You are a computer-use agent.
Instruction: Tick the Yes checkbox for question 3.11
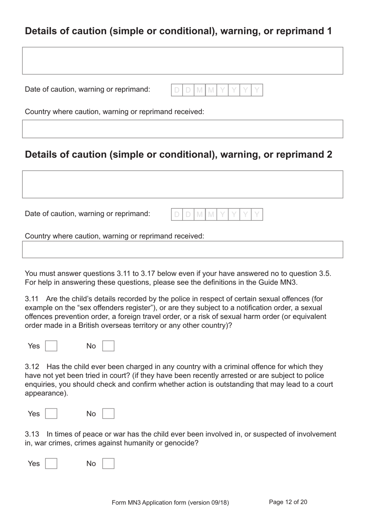(x=51, y=346)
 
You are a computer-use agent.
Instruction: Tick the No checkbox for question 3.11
(x=108, y=346)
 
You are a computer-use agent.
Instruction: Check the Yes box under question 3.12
(x=51, y=414)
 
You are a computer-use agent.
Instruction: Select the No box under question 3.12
(x=108, y=414)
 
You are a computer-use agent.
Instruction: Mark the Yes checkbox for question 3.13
(x=51, y=463)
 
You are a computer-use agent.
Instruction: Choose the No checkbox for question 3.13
(x=108, y=463)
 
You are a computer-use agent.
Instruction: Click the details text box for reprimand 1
(x=183, y=61)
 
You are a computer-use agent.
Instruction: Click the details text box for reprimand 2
(x=183, y=185)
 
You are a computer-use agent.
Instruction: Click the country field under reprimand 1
(x=183, y=129)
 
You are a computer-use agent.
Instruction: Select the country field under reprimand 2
(x=183, y=250)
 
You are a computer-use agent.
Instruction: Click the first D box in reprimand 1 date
(x=177, y=90)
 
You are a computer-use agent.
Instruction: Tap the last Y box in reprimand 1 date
(x=257, y=90)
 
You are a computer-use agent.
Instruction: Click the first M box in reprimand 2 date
(x=200, y=215)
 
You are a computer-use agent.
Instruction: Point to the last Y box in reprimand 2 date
(x=257, y=215)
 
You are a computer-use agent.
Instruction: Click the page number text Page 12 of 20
(x=288, y=502)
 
